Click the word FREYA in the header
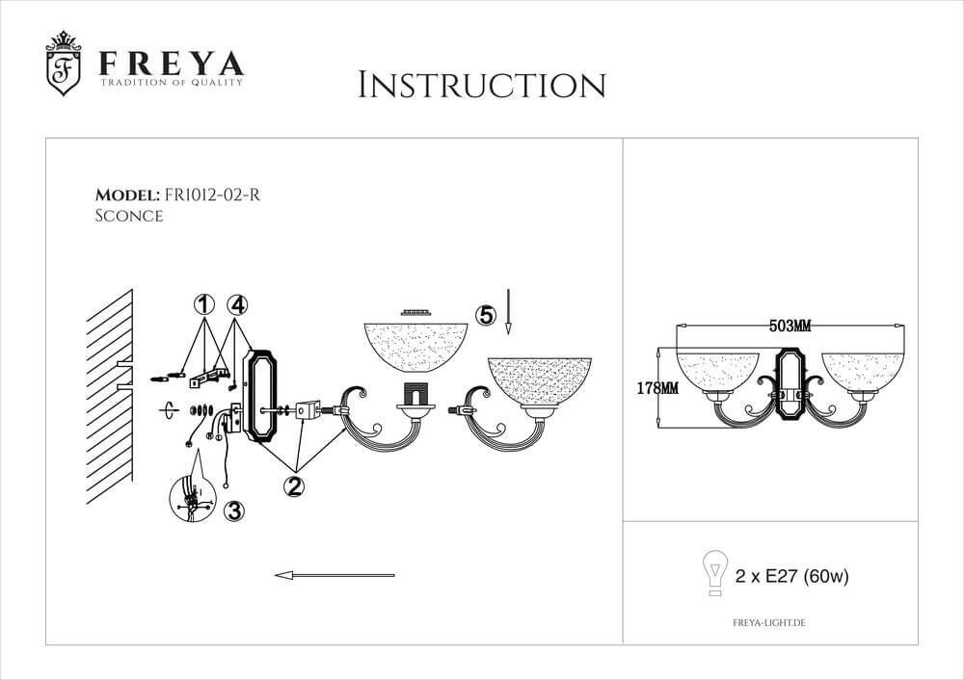point(172,64)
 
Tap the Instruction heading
point(482,86)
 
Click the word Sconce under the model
point(129,216)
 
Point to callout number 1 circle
point(204,304)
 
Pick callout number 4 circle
point(237,304)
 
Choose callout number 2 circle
point(294,485)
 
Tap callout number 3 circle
point(233,510)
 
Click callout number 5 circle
point(486,315)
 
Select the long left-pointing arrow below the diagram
point(335,576)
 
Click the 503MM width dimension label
point(790,327)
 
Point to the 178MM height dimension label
point(657,388)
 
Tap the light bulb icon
point(715,572)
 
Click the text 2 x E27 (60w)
point(791,576)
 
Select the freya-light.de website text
point(769,623)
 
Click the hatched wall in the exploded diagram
point(110,397)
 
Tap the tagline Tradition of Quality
point(172,82)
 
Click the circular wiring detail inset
point(193,499)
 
